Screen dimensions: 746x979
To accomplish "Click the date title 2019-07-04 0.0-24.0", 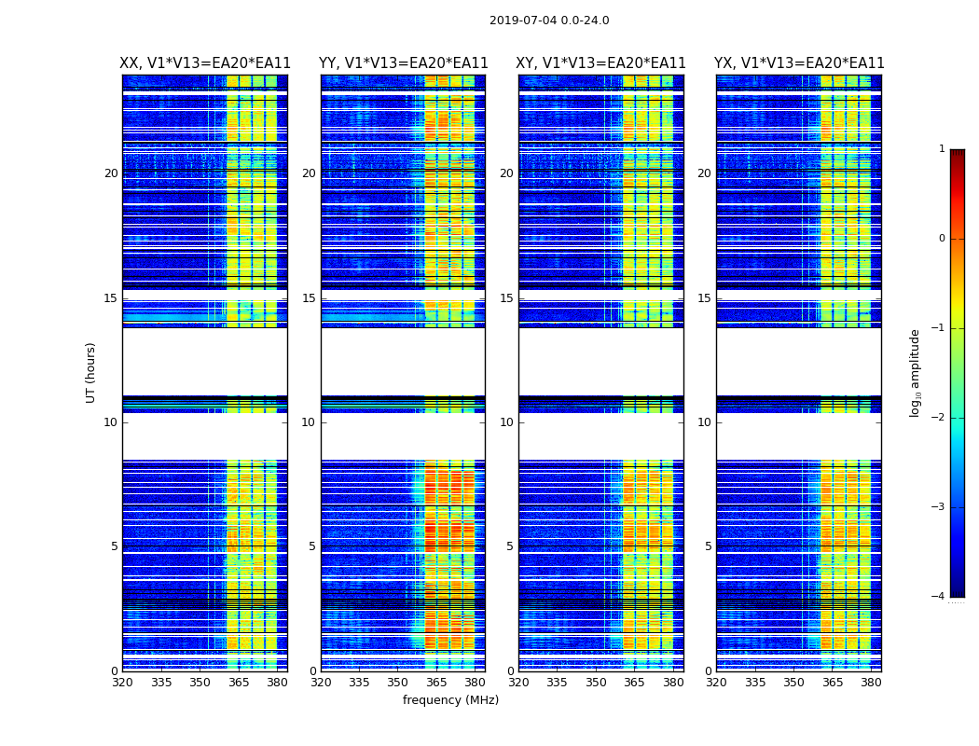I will coord(549,21).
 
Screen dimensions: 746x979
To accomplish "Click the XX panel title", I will coord(205,63).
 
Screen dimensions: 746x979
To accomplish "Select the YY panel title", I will coord(403,63).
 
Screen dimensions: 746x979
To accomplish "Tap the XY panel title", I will coord(601,63).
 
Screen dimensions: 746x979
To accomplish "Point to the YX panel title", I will coord(799,63).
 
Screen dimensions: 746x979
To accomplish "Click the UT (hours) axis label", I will coord(91,372).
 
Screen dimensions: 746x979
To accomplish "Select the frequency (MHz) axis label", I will coord(450,700).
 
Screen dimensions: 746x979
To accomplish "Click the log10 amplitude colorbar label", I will coord(916,372).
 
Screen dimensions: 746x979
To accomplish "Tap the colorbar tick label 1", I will coord(941,149).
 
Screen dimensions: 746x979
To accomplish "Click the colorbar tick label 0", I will coord(941,239).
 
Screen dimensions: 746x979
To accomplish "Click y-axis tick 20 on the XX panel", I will coord(111,173).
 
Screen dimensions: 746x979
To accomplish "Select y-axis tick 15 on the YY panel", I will coord(309,298).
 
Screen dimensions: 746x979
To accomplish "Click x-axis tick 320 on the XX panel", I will coord(122,682).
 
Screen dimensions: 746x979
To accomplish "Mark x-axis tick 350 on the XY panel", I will coord(596,682).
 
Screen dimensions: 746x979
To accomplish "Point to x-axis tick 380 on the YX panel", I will coord(871,682).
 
